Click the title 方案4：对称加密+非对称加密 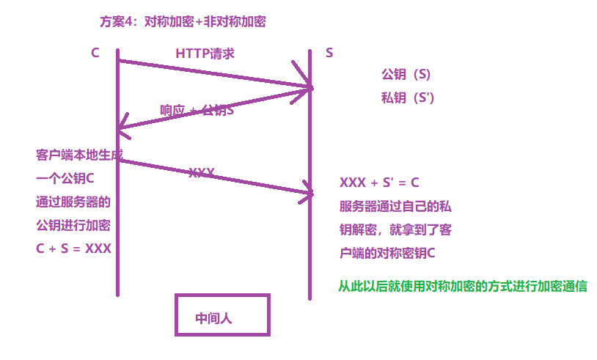(x=182, y=22)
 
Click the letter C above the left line (x=95, y=54)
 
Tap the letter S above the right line (x=329, y=54)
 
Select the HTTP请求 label (x=205, y=54)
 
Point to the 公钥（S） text (x=406, y=75)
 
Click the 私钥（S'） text (x=408, y=98)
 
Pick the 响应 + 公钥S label (x=197, y=111)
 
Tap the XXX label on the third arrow (x=202, y=173)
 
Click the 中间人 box (x=222, y=316)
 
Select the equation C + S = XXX (x=73, y=249)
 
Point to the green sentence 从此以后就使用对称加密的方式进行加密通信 (x=462, y=287)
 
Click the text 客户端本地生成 (x=79, y=155)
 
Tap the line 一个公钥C (x=65, y=179)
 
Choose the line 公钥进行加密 (x=73, y=225)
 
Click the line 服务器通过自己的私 (x=395, y=207)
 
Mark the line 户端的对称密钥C (x=385, y=254)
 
